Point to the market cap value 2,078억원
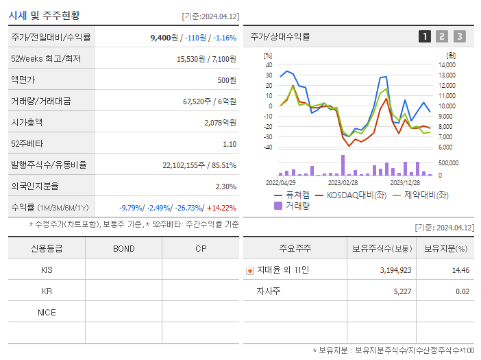[220, 123]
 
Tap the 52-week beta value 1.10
[230, 144]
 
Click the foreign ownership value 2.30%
[225, 186]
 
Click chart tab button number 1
[425, 36]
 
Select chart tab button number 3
[459, 36]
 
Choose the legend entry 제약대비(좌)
[420, 195]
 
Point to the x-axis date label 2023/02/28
[343, 182]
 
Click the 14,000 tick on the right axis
[447, 64]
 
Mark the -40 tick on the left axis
[268, 147]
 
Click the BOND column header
[124, 248]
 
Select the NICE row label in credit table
[47, 312]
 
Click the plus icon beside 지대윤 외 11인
[249, 271]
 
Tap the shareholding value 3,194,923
[395, 270]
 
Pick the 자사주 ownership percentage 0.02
[463, 291]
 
